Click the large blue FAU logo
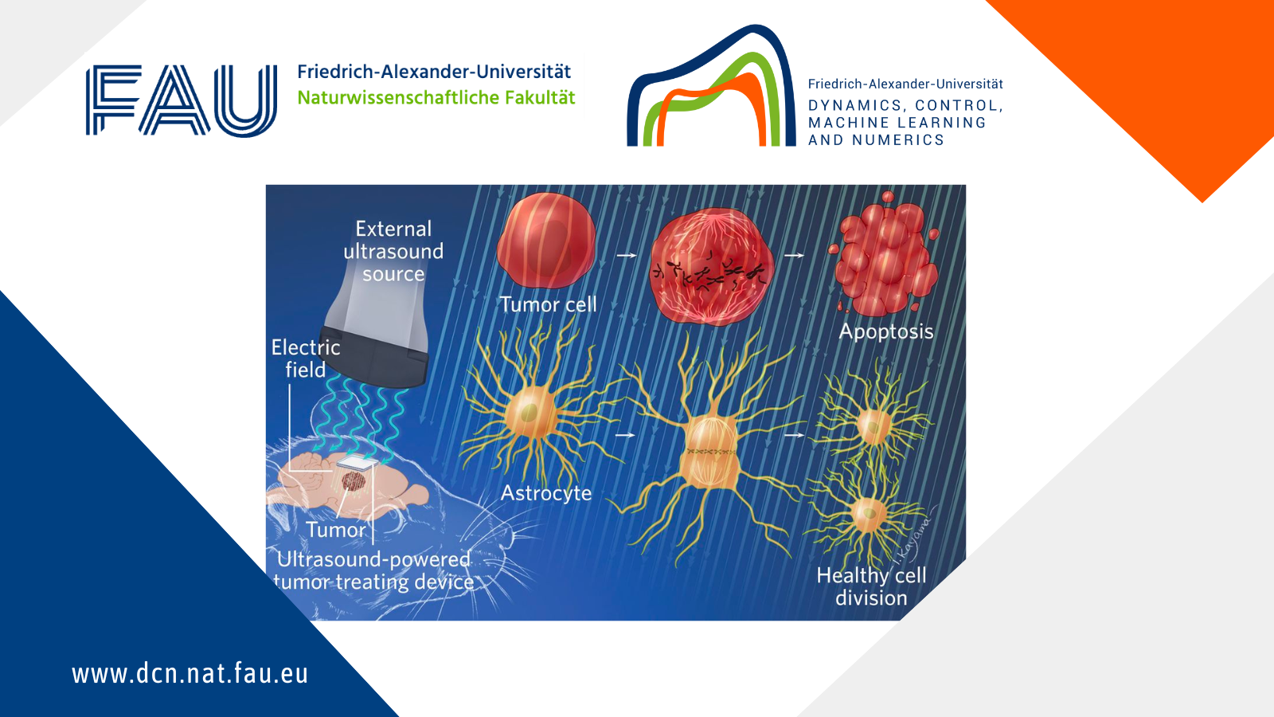(x=182, y=100)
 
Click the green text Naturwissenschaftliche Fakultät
(x=436, y=98)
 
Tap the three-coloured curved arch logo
(x=712, y=85)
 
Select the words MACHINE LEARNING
(x=897, y=123)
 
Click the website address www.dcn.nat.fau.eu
(x=190, y=673)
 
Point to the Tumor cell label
(x=549, y=304)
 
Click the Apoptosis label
(x=886, y=331)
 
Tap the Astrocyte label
(x=546, y=493)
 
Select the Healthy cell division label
(x=871, y=586)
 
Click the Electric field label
(x=306, y=358)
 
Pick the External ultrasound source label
(x=393, y=251)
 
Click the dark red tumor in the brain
(x=354, y=480)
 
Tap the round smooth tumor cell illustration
(x=546, y=241)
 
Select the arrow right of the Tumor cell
(x=627, y=256)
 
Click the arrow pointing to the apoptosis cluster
(x=795, y=256)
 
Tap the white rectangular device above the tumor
(x=358, y=463)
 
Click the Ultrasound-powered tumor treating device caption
(x=373, y=570)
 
